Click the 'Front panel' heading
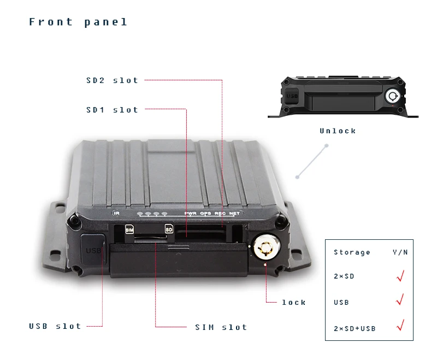[78, 22]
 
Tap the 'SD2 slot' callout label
[112, 80]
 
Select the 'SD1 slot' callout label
[112, 110]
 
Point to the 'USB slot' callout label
[55, 326]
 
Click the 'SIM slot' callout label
[221, 327]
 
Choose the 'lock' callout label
[294, 302]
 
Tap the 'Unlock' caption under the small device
[338, 131]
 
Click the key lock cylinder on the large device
[265, 249]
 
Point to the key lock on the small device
[392, 97]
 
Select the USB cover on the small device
[292, 96]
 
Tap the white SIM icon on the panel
[129, 229]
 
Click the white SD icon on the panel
[169, 229]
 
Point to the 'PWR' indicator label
[190, 213]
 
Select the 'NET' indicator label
[234, 213]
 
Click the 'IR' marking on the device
[116, 213]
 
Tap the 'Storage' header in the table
[352, 252]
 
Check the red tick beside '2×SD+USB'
[400, 326]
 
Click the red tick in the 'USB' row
[400, 299]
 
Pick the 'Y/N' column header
[400, 252]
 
